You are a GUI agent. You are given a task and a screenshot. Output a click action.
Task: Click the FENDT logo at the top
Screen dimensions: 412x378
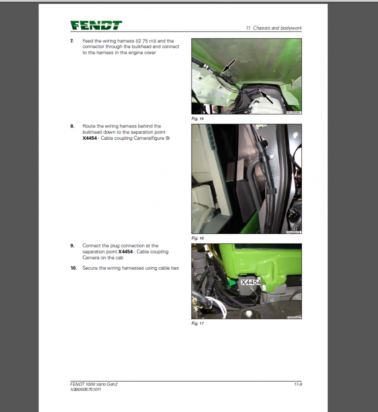tap(96, 26)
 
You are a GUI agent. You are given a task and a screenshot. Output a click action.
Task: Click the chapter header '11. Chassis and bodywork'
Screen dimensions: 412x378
tap(274, 28)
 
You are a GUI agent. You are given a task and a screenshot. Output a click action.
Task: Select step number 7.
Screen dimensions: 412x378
tap(72, 41)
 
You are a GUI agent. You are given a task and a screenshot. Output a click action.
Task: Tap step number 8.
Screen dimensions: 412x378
tap(72, 127)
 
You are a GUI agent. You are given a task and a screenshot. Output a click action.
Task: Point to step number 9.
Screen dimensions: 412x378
tap(72, 246)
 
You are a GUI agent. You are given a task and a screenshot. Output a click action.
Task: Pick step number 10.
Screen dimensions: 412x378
tap(73, 268)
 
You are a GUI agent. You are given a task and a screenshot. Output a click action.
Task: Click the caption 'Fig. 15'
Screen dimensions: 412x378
tap(197, 119)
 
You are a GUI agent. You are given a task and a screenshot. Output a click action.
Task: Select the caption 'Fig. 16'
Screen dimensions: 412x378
tap(197, 238)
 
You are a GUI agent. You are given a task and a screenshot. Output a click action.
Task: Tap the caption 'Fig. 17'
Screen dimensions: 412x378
tap(197, 323)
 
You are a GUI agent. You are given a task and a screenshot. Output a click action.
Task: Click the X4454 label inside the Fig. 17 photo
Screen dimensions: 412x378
tap(251, 282)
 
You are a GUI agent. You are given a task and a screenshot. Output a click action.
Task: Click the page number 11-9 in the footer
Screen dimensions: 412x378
tap(297, 384)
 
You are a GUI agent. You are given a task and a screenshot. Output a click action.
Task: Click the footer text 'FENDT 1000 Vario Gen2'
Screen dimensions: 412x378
tap(94, 384)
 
